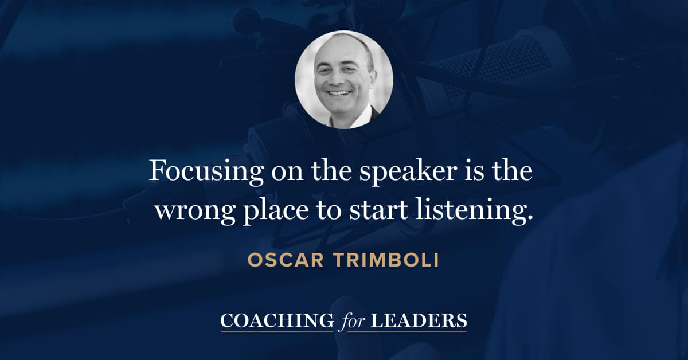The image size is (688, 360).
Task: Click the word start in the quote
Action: click(x=374, y=210)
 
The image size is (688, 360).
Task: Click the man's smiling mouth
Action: click(x=339, y=93)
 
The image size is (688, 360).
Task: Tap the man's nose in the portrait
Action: click(x=338, y=81)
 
